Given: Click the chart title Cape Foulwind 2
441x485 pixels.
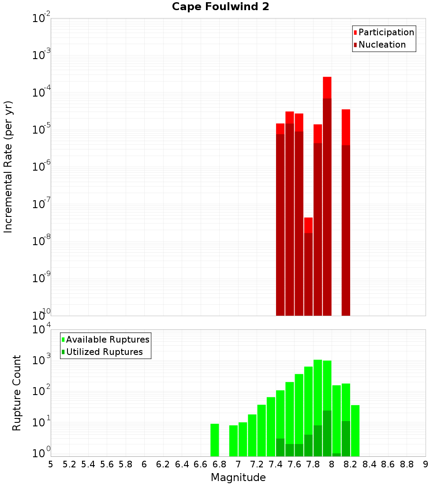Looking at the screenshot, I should (x=220, y=7).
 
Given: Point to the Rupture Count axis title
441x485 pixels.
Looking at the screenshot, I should (x=17, y=393).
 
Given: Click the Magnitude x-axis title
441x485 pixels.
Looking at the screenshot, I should (x=238, y=478).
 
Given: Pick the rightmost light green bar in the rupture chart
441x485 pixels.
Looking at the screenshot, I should (x=355, y=430).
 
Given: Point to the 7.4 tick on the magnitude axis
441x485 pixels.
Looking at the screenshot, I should (x=276, y=464).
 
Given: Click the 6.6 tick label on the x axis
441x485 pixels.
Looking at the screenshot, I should (x=201, y=464).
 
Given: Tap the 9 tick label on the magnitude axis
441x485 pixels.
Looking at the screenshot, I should (x=426, y=464).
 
